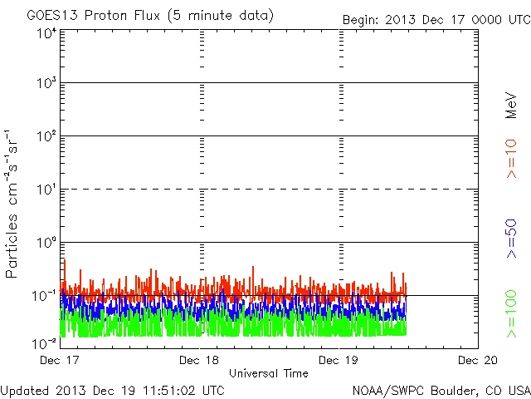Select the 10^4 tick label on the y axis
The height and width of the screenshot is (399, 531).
[46, 34]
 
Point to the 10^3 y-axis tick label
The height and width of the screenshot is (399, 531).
[46, 84]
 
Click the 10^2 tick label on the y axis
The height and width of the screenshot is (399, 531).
[46, 137]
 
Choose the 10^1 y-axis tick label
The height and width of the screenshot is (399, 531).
[46, 190]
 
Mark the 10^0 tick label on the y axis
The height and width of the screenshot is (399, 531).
[46, 244]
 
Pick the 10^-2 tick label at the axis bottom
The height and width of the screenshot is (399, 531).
[44, 342]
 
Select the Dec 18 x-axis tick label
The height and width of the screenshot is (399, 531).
[199, 360]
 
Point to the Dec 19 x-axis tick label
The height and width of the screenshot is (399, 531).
[339, 360]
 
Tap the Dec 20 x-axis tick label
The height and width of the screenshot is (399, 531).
[477, 360]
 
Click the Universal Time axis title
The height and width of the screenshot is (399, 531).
[268, 373]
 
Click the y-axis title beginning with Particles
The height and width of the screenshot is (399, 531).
[12, 203]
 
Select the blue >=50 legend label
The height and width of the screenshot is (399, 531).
[511, 237]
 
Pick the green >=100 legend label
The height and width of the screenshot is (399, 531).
[511, 313]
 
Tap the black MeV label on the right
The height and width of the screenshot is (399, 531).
[511, 103]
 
